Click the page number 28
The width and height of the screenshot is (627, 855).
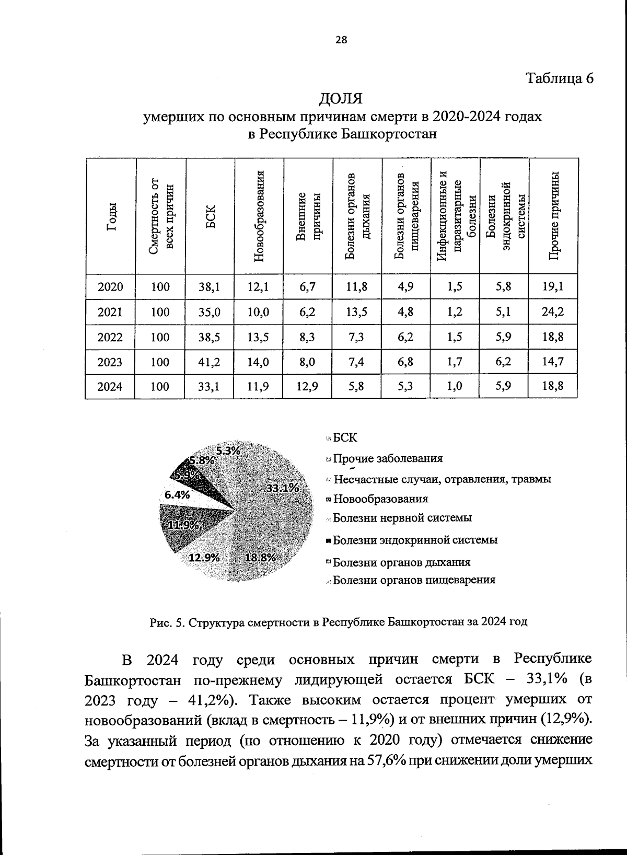(x=341, y=40)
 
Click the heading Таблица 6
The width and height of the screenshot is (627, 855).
(x=560, y=78)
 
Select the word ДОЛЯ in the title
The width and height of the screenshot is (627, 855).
(x=341, y=98)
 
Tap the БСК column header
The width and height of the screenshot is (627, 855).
(x=210, y=216)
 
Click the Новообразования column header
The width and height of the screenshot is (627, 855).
(x=259, y=216)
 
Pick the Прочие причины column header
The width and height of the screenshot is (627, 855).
(x=554, y=216)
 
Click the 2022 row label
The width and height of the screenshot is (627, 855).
(x=110, y=338)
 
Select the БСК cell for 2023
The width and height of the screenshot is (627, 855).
(x=210, y=362)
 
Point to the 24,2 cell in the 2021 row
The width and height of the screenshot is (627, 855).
(x=553, y=313)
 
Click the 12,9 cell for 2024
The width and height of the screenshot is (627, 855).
(x=307, y=387)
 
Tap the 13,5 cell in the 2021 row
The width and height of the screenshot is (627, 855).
(x=356, y=313)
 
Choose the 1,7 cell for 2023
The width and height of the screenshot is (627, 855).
(x=455, y=362)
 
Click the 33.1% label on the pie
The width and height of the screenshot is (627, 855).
(x=282, y=488)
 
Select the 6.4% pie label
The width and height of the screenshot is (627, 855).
(x=177, y=494)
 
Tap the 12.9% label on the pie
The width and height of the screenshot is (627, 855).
(x=204, y=557)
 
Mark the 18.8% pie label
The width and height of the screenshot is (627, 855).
(x=260, y=557)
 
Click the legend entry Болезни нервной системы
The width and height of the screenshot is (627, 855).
(x=402, y=518)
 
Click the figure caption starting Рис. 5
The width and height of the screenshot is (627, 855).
(x=339, y=622)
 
